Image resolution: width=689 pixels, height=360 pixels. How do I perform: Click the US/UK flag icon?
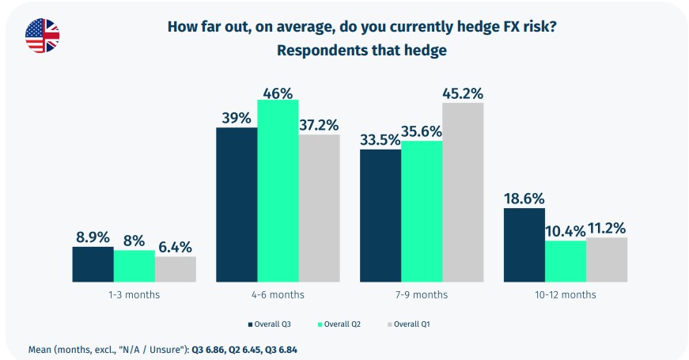pyautogui.click(x=42, y=35)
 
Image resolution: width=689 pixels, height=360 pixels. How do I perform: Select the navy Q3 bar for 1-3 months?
pyautogui.click(x=93, y=264)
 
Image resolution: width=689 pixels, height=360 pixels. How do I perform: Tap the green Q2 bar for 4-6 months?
pyautogui.click(x=278, y=191)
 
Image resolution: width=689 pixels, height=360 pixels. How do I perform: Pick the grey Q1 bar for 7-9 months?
pyautogui.click(x=463, y=192)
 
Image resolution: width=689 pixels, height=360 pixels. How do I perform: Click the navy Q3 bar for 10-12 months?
pyautogui.click(x=524, y=245)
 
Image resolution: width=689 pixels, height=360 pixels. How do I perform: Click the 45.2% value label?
pyautogui.click(x=463, y=93)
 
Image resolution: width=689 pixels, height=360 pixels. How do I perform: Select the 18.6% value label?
pyautogui.click(x=524, y=198)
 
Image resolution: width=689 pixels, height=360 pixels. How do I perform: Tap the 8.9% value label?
pyautogui.click(x=93, y=236)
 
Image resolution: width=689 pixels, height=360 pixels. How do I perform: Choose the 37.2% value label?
pyautogui.click(x=319, y=124)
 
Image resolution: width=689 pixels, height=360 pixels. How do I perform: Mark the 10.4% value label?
pyautogui.click(x=565, y=230)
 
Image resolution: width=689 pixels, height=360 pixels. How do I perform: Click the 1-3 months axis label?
pyautogui.click(x=134, y=294)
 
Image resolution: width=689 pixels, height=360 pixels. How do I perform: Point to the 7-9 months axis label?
pyautogui.click(x=422, y=294)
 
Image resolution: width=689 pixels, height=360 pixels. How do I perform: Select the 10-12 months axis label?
pyautogui.click(x=566, y=294)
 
